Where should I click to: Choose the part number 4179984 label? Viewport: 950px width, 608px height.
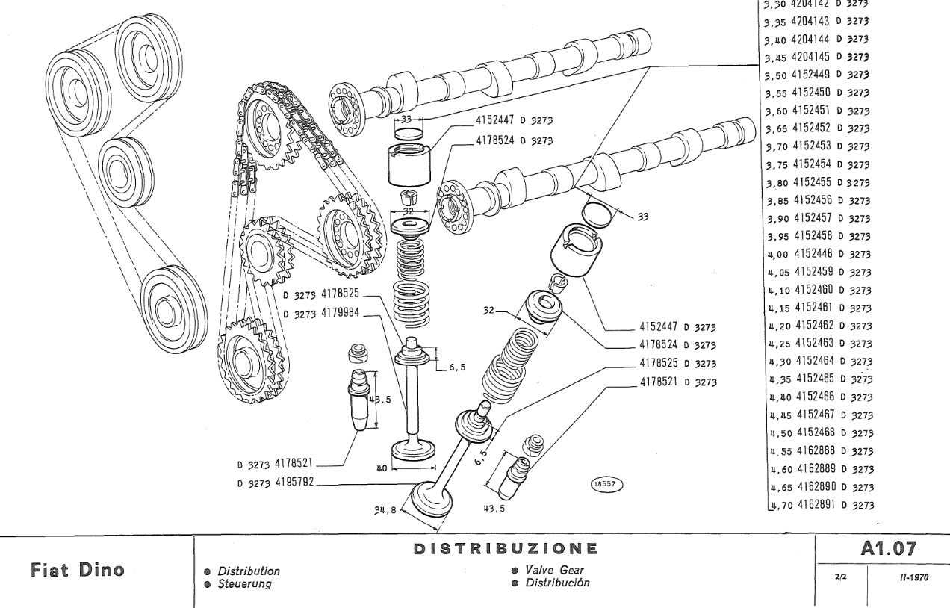(337, 313)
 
